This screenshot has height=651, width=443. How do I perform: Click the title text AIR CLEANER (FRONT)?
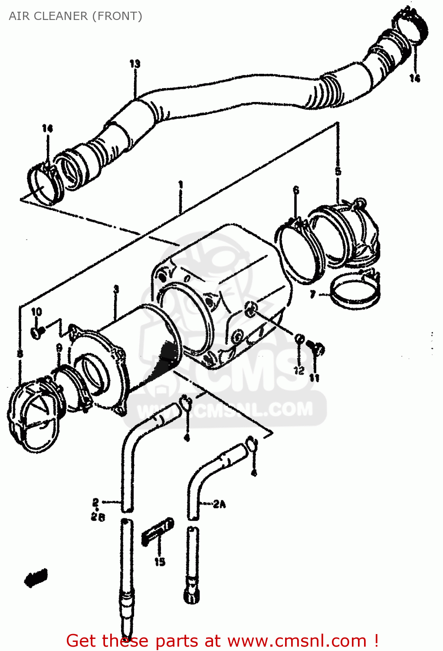click(75, 16)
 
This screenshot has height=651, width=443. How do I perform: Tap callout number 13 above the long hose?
click(135, 64)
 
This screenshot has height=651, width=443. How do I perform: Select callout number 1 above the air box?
click(180, 185)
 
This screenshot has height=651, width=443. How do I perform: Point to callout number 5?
click(338, 171)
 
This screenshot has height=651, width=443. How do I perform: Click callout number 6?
click(296, 190)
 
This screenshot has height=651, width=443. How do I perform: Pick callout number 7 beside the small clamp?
click(313, 295)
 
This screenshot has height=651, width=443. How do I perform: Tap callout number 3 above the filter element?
click(116, 289)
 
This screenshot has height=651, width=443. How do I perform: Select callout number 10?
click(36, 312)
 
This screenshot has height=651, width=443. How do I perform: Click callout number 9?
click(59, 348)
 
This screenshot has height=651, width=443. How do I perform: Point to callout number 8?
click(20, 354)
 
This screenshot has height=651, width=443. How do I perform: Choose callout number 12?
click(299, 370)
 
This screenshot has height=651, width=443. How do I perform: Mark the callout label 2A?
click(219, 504)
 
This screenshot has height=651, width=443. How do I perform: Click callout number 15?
click(160, 561)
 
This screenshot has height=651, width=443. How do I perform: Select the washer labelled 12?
click(299, 338)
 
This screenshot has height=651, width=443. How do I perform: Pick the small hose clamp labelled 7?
click(355, 293)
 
